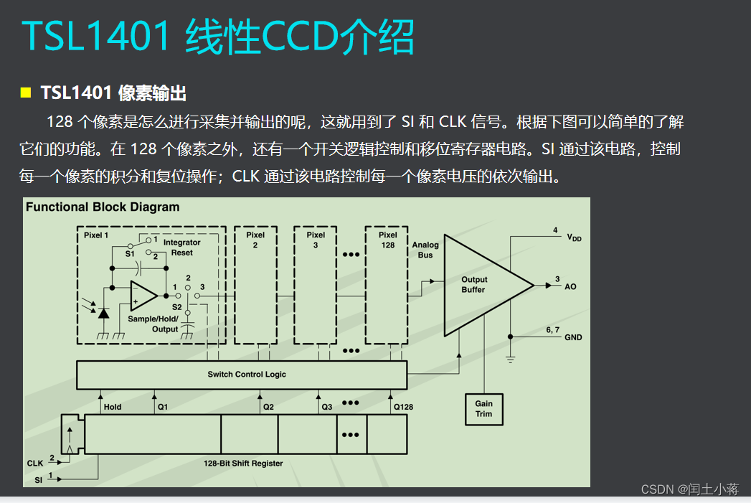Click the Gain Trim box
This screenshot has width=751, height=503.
pos(483,409)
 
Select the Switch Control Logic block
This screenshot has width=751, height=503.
pos(241,374)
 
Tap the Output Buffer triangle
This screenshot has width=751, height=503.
pos(478,285)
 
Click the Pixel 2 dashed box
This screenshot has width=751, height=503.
pos(255,285)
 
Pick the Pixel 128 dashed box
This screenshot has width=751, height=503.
pos(387,285)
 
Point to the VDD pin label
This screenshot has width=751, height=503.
pos(574,238)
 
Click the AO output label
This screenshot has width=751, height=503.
pos(570,286)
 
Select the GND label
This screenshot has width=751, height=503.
pos(573,337)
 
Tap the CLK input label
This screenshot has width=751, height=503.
pos(35,464)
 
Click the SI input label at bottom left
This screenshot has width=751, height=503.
pos(38,479)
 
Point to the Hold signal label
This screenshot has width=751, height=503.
pos(113,407)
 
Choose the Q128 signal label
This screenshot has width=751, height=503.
pos(403,407)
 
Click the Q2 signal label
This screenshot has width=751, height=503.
pos(268,407)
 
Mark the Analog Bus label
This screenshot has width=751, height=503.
pos(425,250)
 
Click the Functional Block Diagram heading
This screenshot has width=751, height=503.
pos(103,207)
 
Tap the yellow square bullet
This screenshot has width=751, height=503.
pos(26,93)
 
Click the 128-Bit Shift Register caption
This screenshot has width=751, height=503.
pos(243,464)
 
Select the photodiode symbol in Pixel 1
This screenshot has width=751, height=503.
pos(103,313)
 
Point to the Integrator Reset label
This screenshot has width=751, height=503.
pos(181,248)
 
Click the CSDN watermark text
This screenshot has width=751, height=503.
pos(689,489)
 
